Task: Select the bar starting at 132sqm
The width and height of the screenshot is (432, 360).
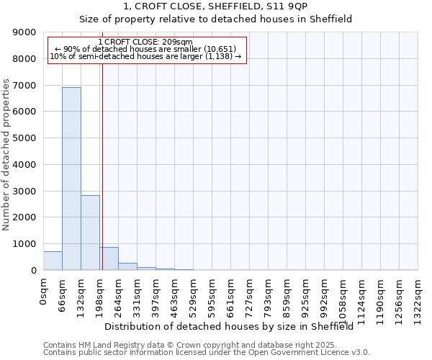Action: (90, 233)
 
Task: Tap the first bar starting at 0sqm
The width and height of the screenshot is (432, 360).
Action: (53, 261)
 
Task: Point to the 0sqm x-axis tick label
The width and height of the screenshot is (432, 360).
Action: (44, 292)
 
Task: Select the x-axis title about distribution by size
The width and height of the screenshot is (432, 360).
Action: (234, 326)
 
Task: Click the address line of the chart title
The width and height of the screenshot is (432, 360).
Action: (215, 6)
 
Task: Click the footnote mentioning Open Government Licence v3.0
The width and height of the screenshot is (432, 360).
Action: (207, 353)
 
